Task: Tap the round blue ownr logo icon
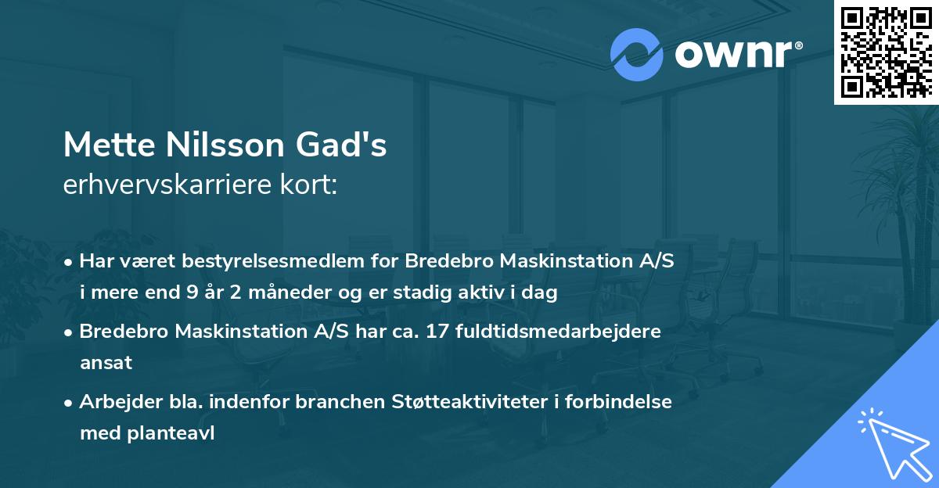[637, 54]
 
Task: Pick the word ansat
[106, 363]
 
